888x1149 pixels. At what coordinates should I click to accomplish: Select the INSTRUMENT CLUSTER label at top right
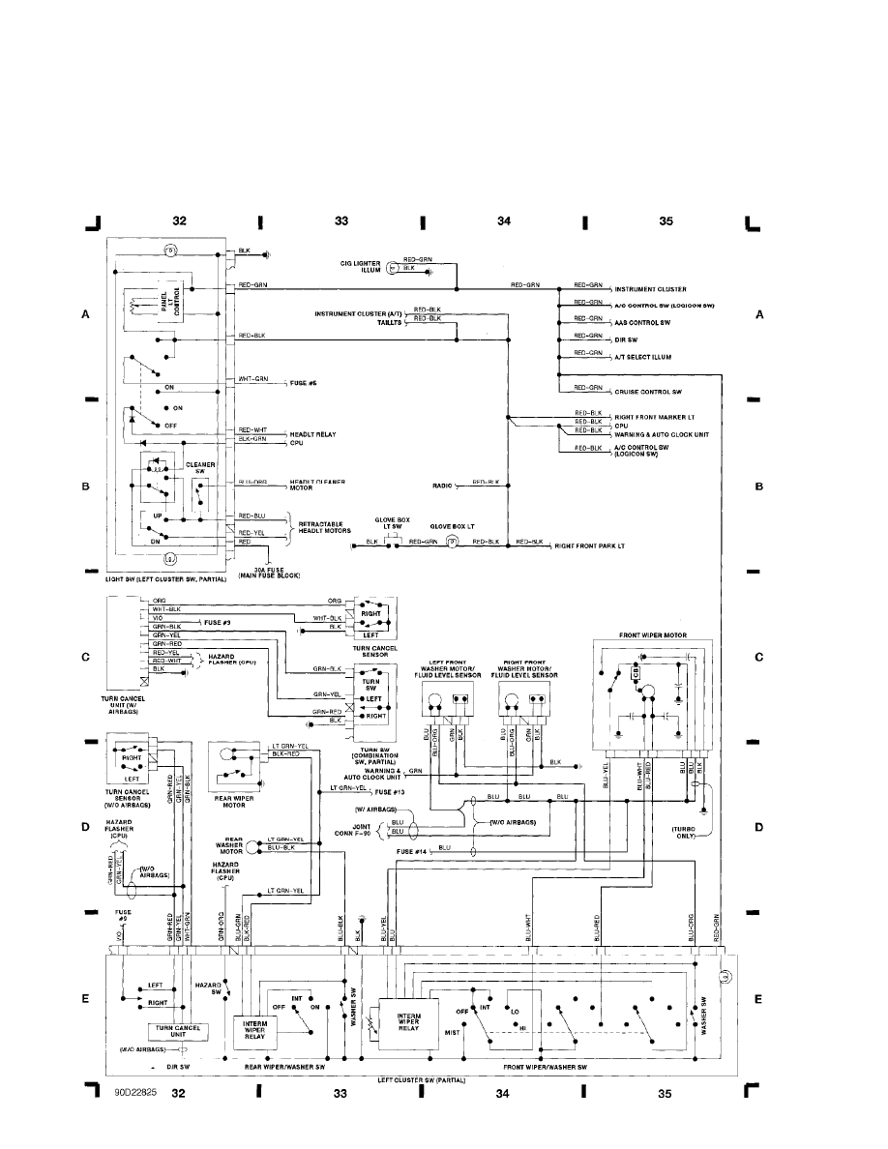[x=650, y=289]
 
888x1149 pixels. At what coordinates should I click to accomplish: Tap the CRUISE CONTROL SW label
[x=648, y=392]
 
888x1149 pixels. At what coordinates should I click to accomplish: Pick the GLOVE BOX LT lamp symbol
[x=451, y=544]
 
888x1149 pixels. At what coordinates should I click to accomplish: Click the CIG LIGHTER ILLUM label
[x=356, y=267]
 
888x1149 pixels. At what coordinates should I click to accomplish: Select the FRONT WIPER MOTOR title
[x=654, y=634]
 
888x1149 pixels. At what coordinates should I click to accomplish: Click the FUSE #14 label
[x=410, y=850]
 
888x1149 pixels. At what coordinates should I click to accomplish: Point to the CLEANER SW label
[x=199, y=466]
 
